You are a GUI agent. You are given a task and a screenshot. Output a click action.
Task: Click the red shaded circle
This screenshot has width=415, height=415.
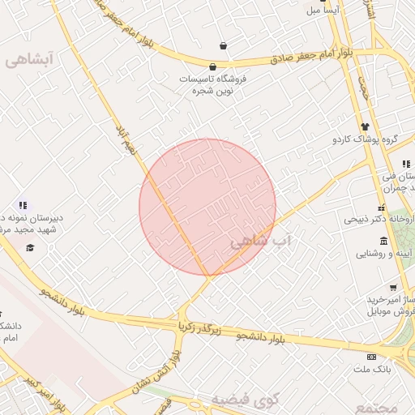coord(207,207)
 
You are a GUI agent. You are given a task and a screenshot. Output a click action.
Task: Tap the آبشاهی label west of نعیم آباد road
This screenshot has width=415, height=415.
coord(29,58)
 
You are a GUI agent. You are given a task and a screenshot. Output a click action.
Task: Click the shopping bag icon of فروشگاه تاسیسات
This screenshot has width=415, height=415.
coord(212,66)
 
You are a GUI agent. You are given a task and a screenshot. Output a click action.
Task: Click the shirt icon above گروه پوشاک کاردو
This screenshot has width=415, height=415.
coord(365,126)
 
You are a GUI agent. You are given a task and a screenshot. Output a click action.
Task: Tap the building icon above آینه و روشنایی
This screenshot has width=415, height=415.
coord(383,241)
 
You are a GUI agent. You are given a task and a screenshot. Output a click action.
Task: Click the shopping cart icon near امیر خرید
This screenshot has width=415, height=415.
coord(393,287)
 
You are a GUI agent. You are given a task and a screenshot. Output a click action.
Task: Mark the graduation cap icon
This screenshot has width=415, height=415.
coord(30,247)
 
